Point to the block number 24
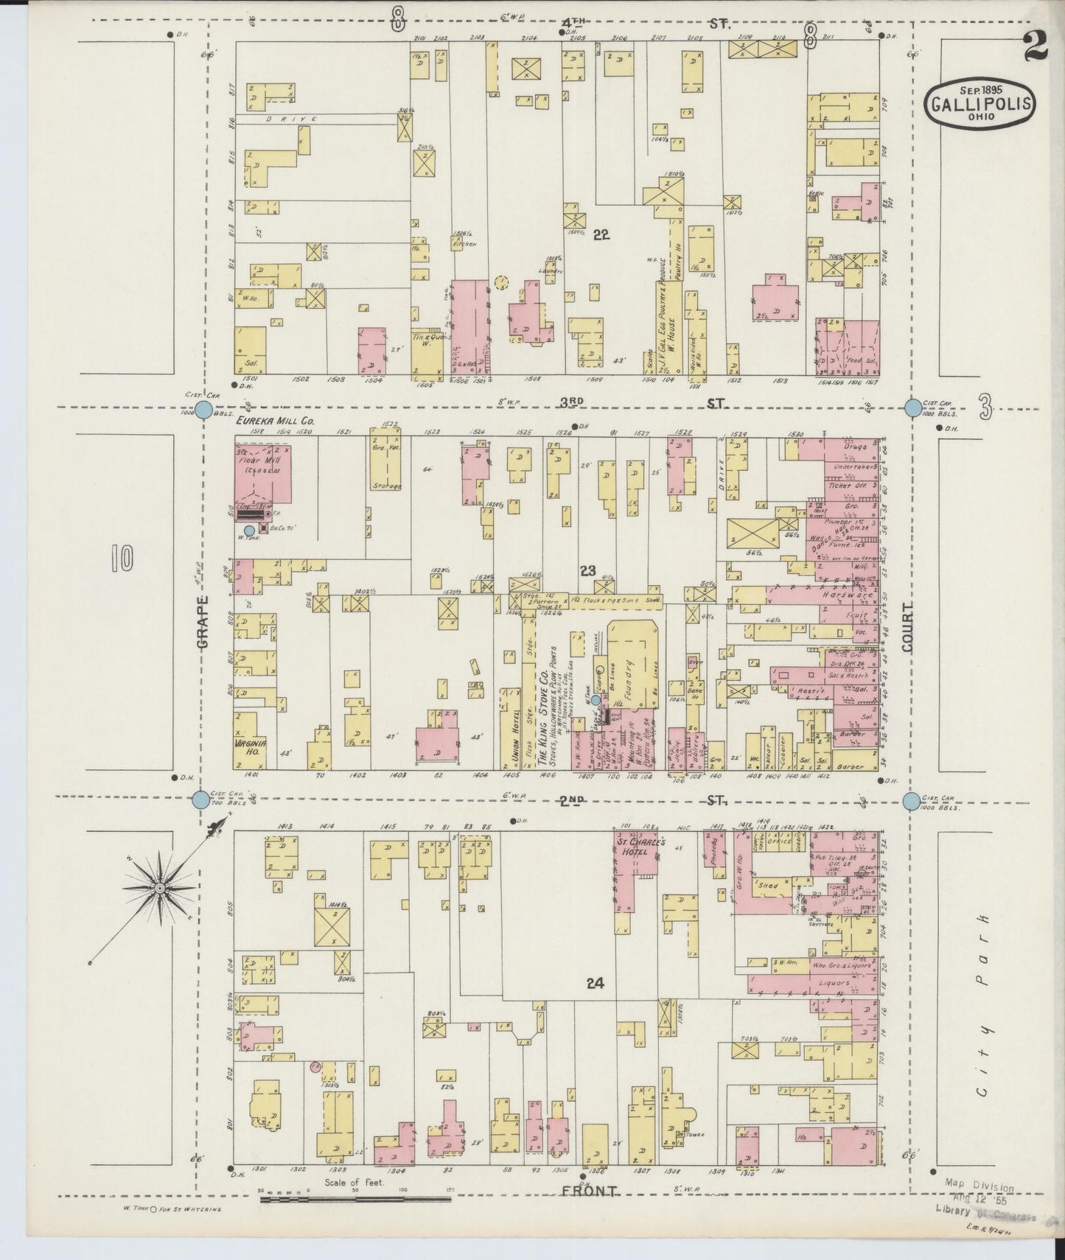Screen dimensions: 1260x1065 click(596, 982)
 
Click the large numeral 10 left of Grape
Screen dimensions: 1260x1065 click(122, 559)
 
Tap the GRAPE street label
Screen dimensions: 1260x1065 click(203, 622)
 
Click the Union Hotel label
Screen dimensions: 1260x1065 click(507, 732)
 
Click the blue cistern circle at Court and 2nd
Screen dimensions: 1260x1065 click(912, 801)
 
